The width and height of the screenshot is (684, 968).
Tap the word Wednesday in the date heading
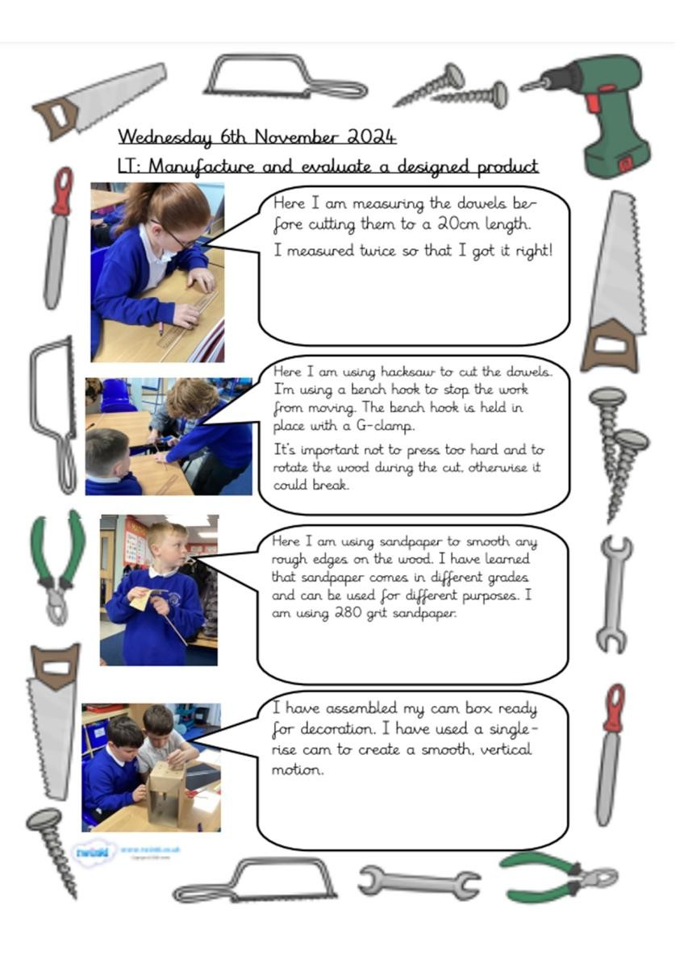[x=165, y=137]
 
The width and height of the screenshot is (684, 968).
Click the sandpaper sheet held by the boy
[x=140, y=599]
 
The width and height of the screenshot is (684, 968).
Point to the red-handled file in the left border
[x=57, y=238]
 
